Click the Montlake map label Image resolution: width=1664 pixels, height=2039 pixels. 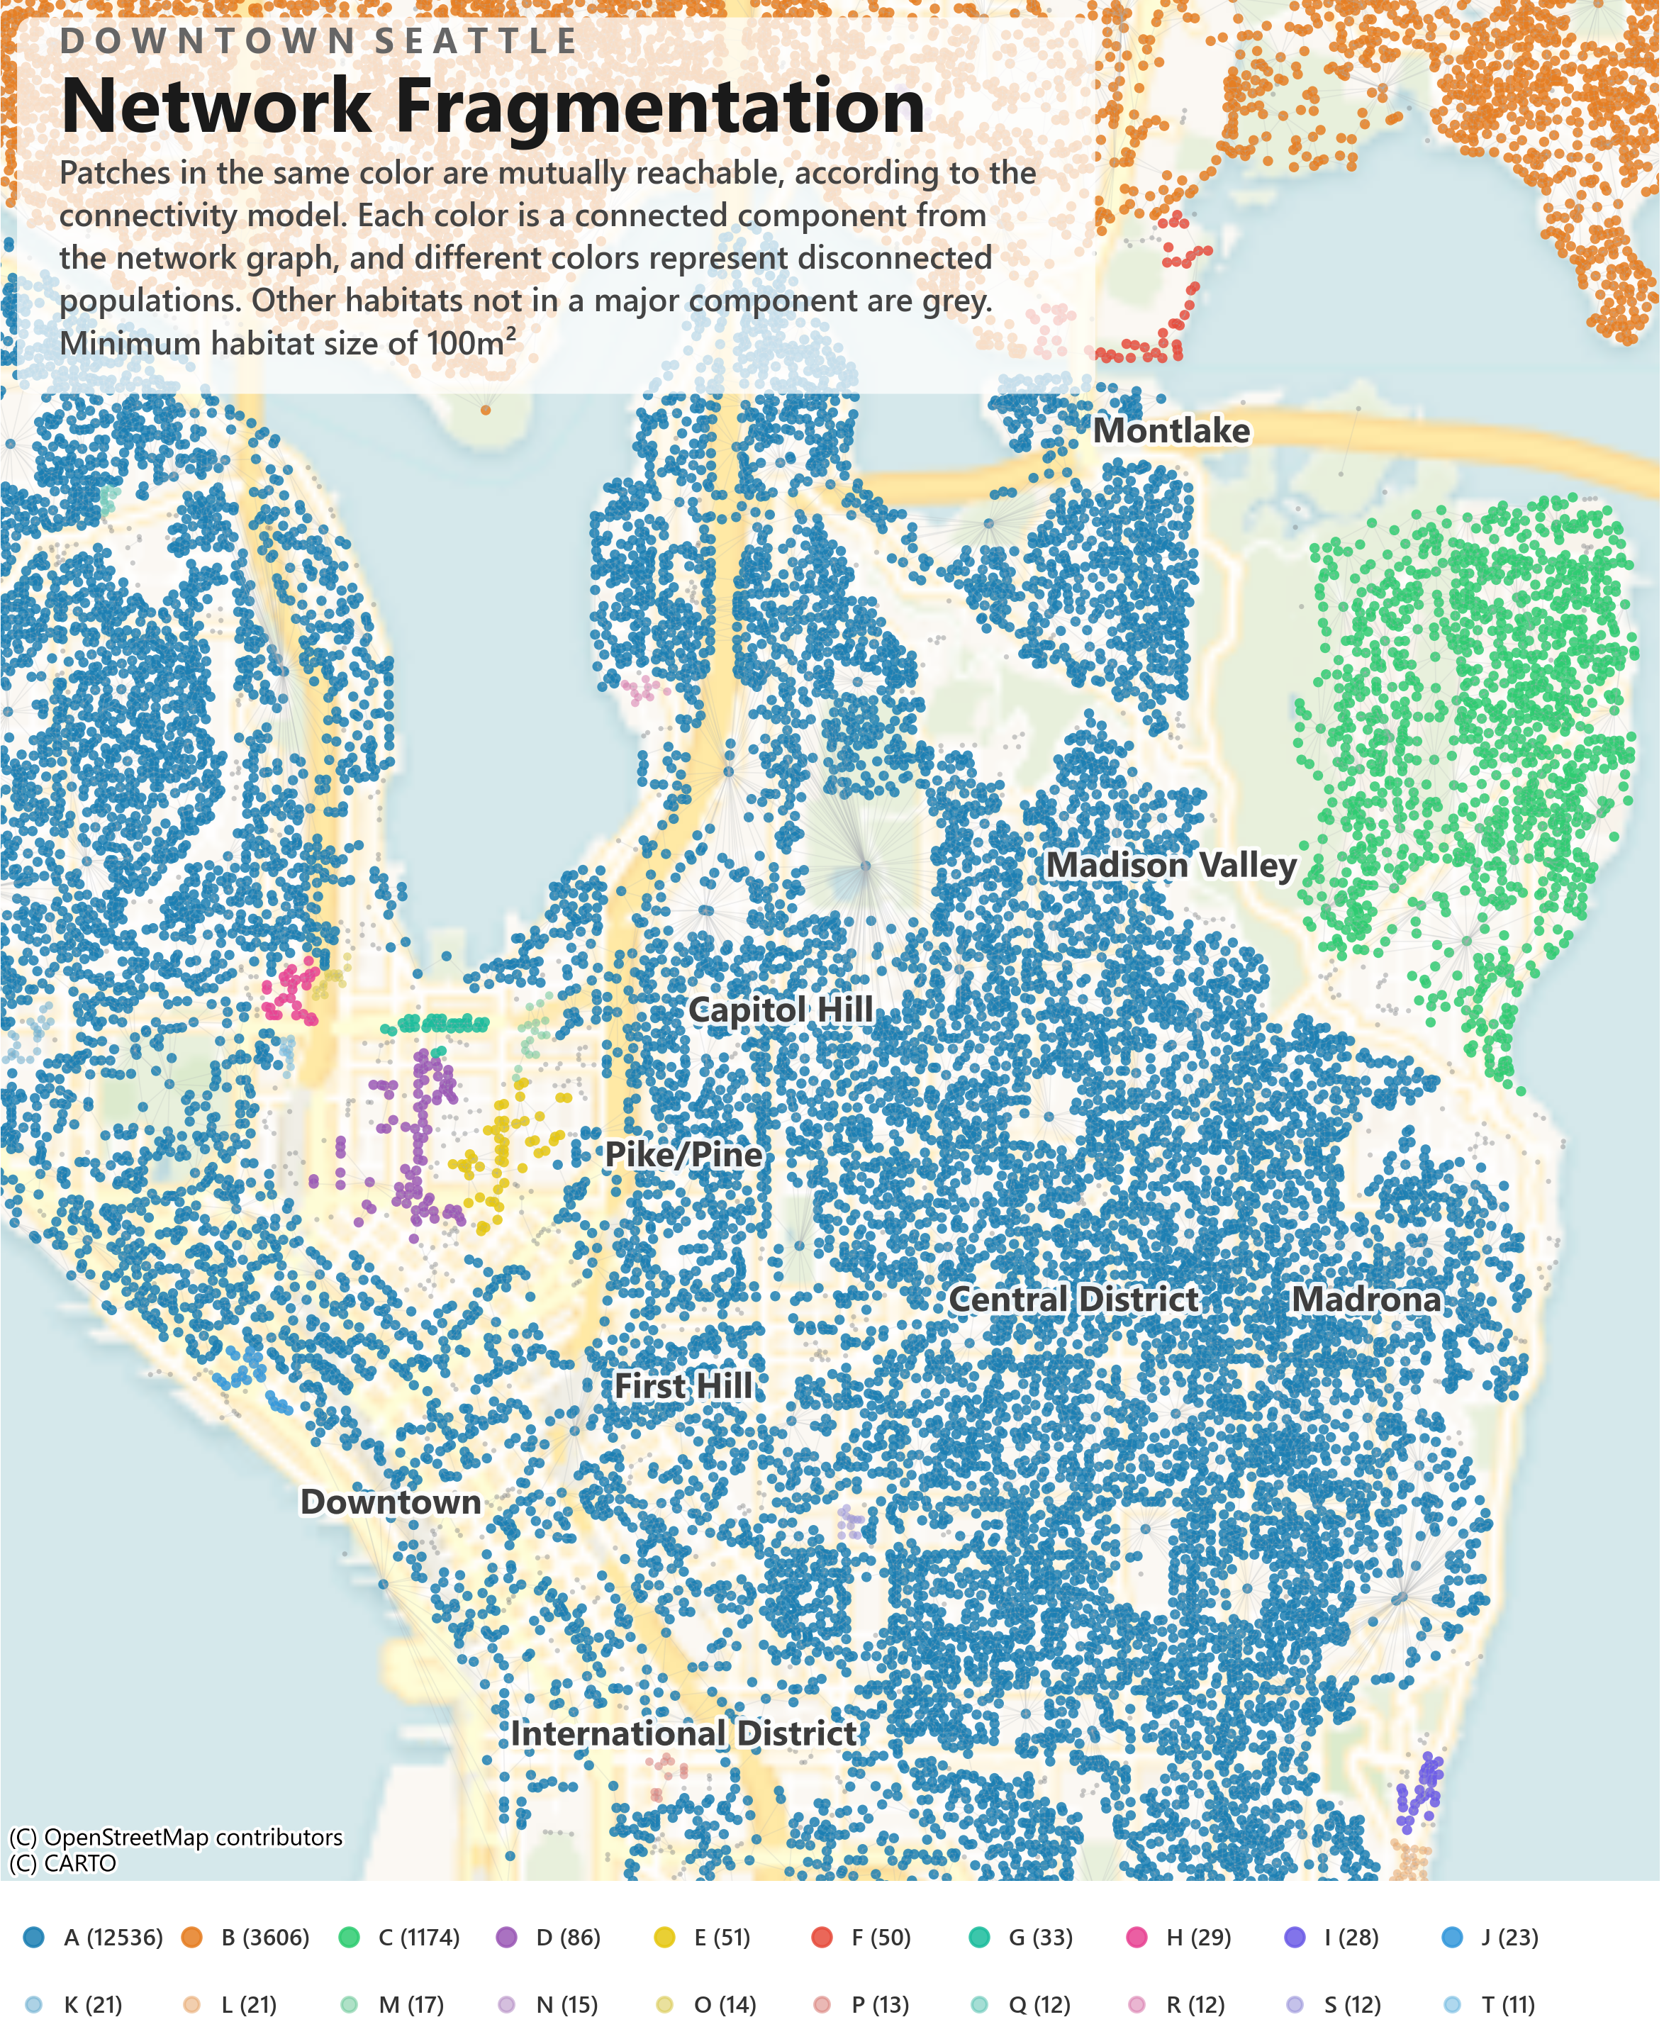pos(1172,431)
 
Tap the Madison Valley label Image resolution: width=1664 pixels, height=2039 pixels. pos(1172,866)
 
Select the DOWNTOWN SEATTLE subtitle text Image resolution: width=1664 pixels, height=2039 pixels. pos(319,41)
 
